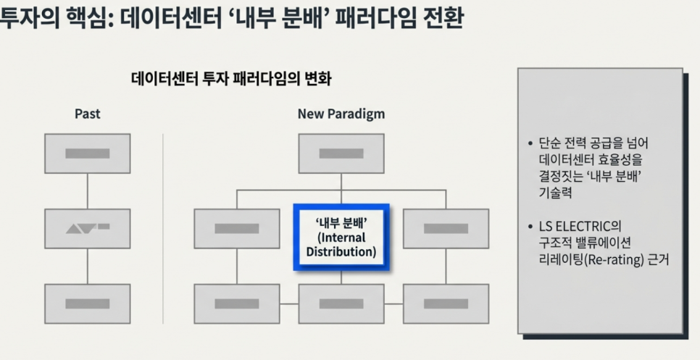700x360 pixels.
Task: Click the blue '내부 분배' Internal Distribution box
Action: click(x=341, y=237)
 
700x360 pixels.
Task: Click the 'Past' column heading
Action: click(x=88, y=114)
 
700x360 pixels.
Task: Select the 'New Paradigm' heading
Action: click(x=341, y=114)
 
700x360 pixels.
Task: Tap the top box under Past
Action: click(x=88, y=154)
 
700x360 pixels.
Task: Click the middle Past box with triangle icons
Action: click(x=88, y=229)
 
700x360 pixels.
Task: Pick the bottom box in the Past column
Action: click(x=88, y=304)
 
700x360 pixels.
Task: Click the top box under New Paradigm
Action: click(x=341, y=154)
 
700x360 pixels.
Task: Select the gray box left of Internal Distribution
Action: click(x=236, y=229)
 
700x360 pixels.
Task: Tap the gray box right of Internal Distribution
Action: click(x=445, y=229)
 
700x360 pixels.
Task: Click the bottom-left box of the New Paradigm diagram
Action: click(x=236, y=304)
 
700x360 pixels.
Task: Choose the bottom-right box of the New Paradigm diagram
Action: click(x=445, y=304)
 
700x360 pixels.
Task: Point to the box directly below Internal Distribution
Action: click(x=341, y=304)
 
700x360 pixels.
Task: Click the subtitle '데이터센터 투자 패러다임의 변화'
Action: click(x=231, y=79)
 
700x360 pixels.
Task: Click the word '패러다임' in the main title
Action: click(x=366, y=19)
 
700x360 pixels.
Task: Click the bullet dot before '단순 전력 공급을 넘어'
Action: click(x=531, y=142)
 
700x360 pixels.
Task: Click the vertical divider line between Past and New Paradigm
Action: click(x=163, y=217)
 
